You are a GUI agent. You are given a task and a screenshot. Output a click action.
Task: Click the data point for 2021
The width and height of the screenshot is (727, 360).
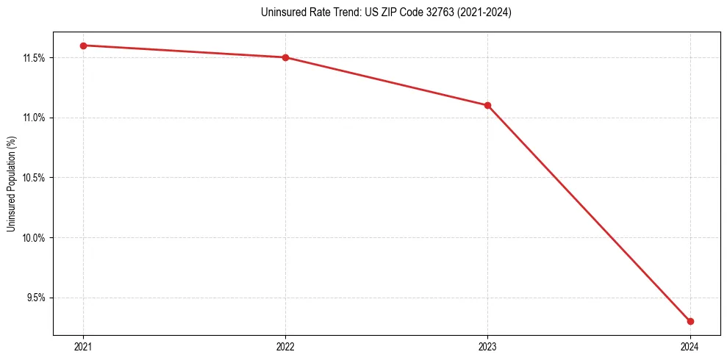[83, 46]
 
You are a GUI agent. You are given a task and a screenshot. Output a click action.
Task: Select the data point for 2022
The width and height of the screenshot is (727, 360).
[285, 57]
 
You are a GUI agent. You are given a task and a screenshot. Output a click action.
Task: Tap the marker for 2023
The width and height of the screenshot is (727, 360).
[487, 105]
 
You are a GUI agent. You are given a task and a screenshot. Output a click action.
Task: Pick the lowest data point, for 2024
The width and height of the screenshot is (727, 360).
[690, 321]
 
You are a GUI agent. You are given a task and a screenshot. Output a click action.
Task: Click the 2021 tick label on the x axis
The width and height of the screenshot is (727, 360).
[83, 346]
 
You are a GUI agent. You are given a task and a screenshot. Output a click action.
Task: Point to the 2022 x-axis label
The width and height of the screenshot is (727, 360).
[285, 346]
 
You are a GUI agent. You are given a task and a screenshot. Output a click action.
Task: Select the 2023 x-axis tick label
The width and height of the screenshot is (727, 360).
[487, 346]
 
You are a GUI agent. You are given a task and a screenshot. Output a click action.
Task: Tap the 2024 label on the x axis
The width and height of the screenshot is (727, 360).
[690, 346]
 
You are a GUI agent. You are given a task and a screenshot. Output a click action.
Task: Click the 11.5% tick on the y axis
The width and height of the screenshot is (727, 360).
[34, 57]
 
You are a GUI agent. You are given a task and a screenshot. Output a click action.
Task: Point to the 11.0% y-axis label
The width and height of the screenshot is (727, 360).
[34, 118]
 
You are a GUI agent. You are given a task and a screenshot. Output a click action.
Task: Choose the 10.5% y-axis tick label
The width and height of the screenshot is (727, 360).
[34, 178]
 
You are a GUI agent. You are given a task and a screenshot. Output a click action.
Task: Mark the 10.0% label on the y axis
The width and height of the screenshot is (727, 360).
[34, 238]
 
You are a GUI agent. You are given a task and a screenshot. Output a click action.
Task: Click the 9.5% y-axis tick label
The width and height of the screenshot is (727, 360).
[36, 298]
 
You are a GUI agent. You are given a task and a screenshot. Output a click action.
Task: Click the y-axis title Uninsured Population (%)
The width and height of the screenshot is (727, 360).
[11, 183]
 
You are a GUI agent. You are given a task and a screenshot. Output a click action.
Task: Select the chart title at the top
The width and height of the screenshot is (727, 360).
[386, 12]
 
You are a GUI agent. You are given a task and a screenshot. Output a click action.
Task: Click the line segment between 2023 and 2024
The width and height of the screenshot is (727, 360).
[588, 213]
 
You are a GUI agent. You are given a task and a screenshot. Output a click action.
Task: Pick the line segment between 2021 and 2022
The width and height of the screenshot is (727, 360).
[184, 51]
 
